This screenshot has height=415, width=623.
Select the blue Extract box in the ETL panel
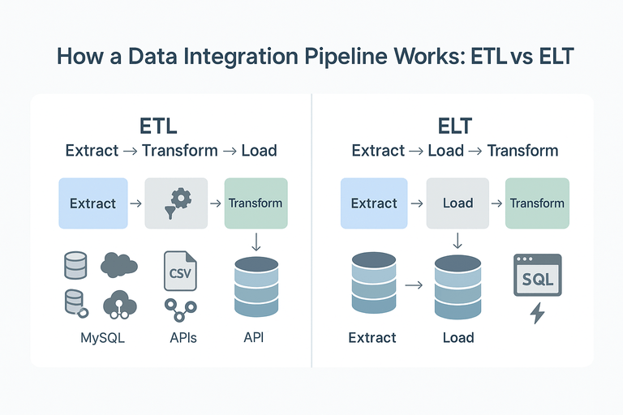(93, 203)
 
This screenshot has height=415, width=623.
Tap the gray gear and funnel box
(176, 203)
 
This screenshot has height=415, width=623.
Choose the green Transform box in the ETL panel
(256, 203)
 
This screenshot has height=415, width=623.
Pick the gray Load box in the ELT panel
(458, 203)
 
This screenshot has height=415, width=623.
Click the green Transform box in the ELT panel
(536, 203)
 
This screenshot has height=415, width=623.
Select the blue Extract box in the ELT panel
(374, 203)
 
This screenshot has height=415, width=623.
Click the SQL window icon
(537, 276)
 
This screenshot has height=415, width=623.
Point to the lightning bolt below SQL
(537, 313)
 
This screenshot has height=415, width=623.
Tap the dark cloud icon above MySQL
(118, 265)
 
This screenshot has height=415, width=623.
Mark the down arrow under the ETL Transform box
(256, 242)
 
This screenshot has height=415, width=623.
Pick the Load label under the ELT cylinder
(458, 337)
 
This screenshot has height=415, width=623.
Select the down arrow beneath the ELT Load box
(458, 241)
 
